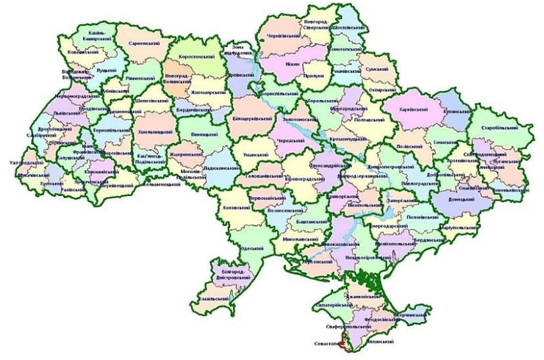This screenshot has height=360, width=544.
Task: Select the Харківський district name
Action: coord(414,107)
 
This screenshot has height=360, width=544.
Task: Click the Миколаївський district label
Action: coord(298,240)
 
